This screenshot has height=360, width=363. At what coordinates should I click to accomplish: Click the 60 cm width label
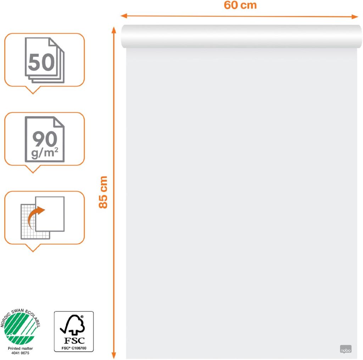coord(240,6)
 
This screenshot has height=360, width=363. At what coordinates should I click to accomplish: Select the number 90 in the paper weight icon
coord(45,139)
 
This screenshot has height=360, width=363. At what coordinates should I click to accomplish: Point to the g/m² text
coord(45,154)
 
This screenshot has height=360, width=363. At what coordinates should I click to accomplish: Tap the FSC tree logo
coord(73,325)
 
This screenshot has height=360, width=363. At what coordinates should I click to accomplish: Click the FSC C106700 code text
coord(73,348)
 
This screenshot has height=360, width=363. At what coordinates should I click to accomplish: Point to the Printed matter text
coord(21,349)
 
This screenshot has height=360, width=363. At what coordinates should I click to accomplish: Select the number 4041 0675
coord(21,354)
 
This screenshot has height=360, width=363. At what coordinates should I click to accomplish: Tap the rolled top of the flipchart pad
coord(241,36)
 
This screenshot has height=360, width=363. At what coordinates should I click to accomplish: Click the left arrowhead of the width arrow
coord(123,16)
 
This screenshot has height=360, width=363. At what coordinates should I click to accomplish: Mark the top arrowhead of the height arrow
coord(114,29)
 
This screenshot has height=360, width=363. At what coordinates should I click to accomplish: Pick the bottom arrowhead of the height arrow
coord(114,356)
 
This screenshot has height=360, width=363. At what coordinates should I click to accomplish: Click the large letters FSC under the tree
coord(74,340)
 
